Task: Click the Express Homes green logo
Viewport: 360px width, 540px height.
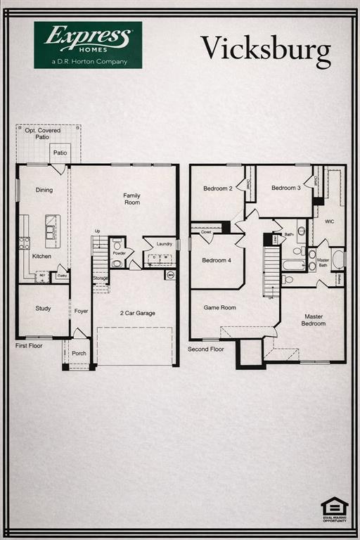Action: pyautogui.click(x=88, y=45)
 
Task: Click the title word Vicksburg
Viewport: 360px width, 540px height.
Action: pyautogui.click(x=265, y=49)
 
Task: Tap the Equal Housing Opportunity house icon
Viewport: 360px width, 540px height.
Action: pyautogui.click(x=334, y=508)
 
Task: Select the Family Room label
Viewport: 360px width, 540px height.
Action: pyautogui.click(x=131, y=199)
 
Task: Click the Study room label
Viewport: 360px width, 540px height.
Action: pyautogui.click(x=43, y=308)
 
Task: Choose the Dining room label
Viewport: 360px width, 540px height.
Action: pyautogui.click(x=44, y=190)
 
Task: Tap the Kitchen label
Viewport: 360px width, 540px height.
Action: pyautogui.click(x=41, y=256)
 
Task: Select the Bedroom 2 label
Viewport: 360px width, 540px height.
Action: pyautogui.click(x=217, y=188)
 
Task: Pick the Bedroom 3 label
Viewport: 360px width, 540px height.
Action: pyautogui.click(x=286, y=188)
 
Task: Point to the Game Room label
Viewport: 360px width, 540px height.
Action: pyautogui.click(x=219, y=307)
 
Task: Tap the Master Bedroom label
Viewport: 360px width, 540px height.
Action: pyautogui.click(x=314, y=320)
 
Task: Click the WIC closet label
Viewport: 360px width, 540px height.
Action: pyautogui.click(x=329, y=221)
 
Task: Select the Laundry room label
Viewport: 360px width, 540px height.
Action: pyautogui.click(x=165, y=243)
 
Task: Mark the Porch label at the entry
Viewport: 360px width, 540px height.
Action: pyautogui.click(x=79, y=353)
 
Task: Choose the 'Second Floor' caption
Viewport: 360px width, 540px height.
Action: pyautogui.click(x=205, y=349)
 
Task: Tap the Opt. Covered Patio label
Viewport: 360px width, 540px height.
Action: pyautogui.click(x=43, y=134)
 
